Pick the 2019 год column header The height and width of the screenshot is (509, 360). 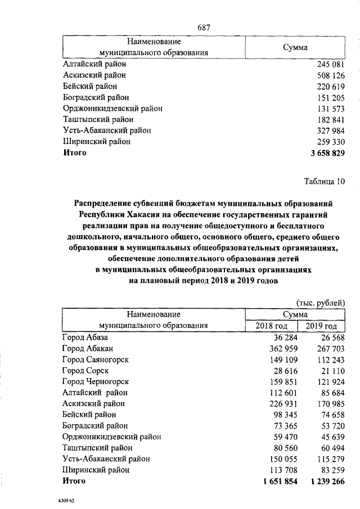(x=321, y=326)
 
